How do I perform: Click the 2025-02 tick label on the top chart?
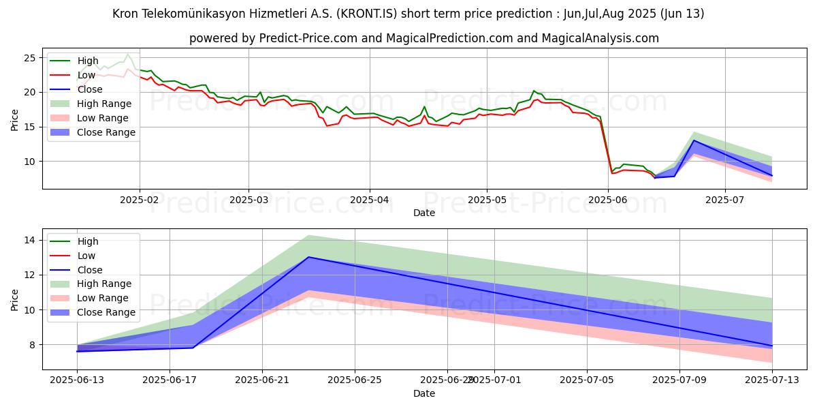[x=140, y=200]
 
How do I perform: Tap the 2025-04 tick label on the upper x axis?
[x=370, y=200]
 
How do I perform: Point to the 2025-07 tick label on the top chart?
[x=724, y=200]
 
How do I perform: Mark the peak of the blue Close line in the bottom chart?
[x=308, y=257]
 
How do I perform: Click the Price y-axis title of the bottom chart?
[x=15, y=299]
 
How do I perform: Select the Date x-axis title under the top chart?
[x=424, y=213]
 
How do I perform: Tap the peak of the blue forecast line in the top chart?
[x=694, y=140]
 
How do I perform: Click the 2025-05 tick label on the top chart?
[x=486, y=200]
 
